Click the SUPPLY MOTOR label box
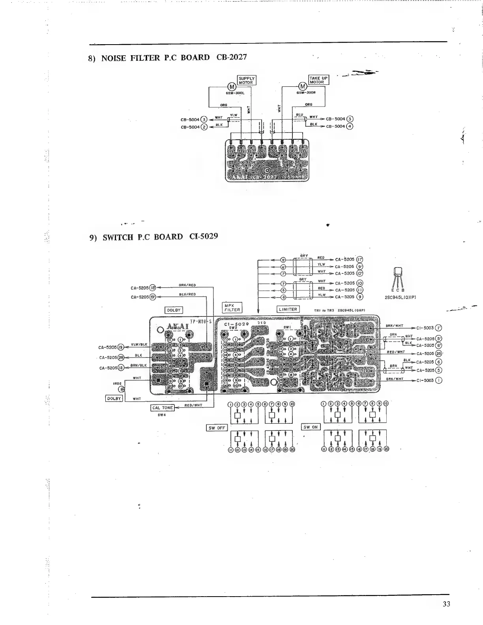(x=247, y=80)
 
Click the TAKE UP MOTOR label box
(x=318, y=80)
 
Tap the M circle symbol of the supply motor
(x=232, y=87)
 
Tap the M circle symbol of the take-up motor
(x=303, y=87)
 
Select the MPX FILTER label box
(x=232, y=307)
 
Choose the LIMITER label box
(x=288, y=309)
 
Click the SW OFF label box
(x=217, y=428)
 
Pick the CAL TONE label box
(x=163, y=408)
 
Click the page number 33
(x=446, y=604)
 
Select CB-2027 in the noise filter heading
(x=232, y=57)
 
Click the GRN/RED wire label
(x=187, y=285)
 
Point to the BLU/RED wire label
(x=187, y=294)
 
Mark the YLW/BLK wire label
(x=139, y=344)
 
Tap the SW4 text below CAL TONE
(x=161, y=415)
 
